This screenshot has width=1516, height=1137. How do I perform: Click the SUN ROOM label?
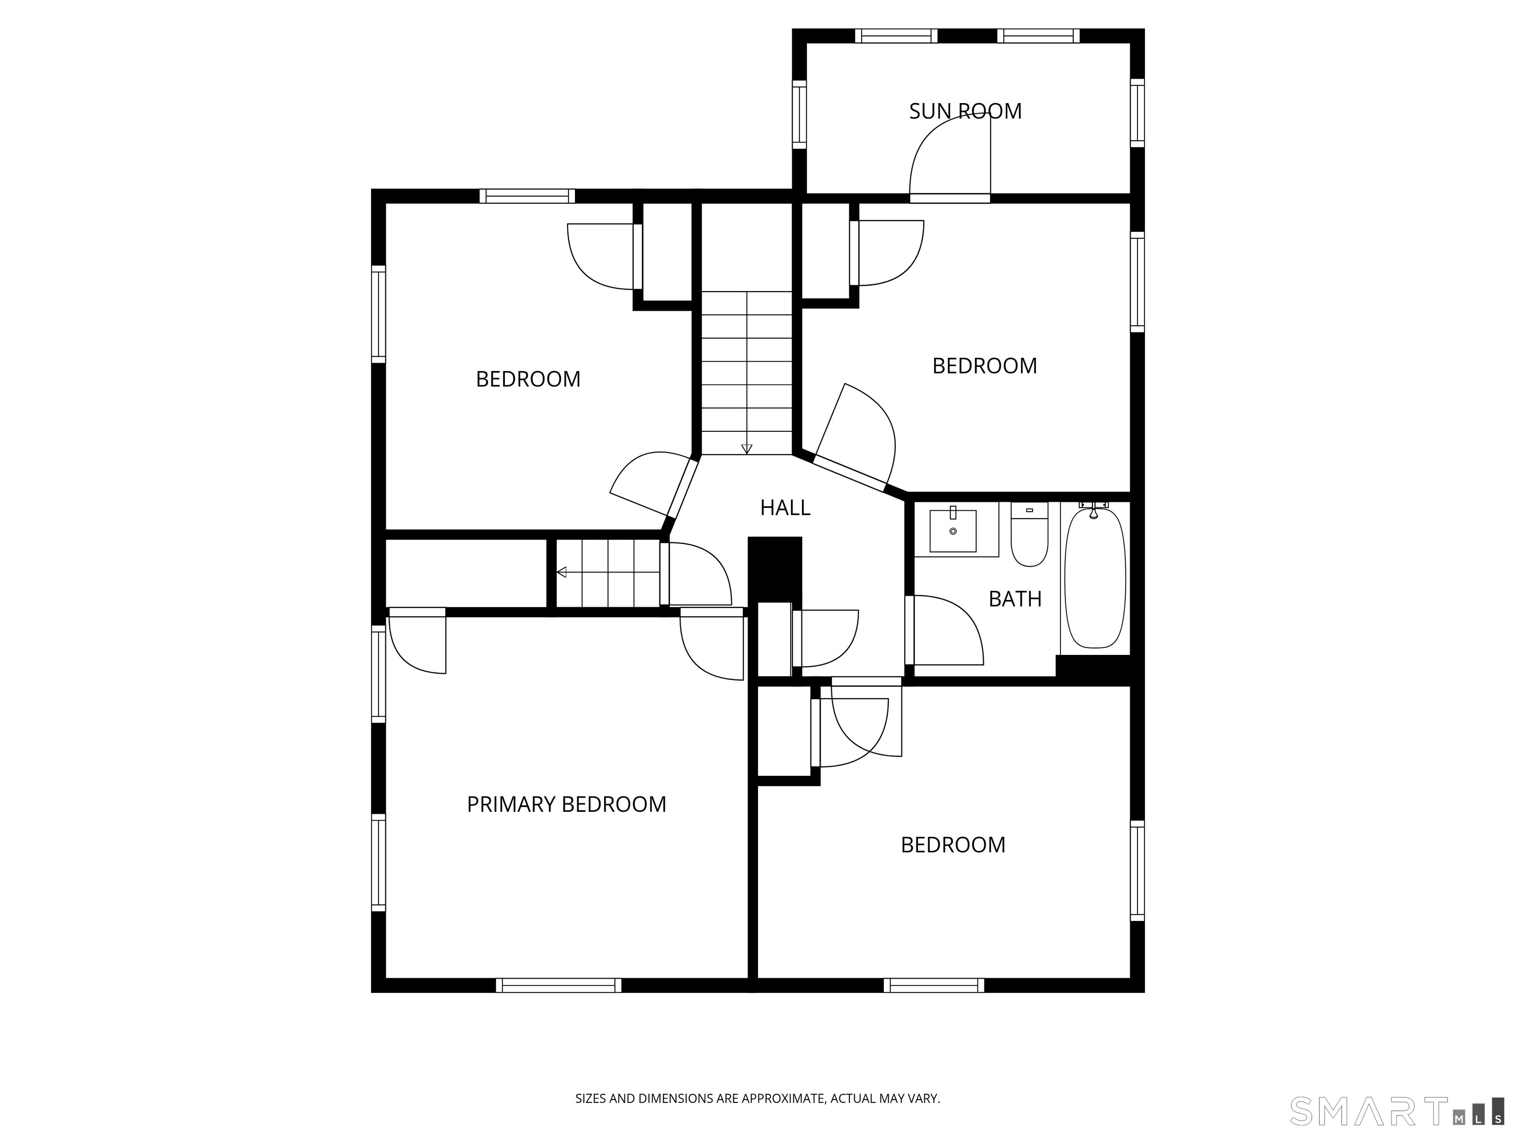(x=965, y=111)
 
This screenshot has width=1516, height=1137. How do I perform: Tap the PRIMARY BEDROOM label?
(x=566, y=804)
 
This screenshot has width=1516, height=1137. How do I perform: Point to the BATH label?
(x=1015, y=599)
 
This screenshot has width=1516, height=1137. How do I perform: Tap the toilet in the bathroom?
(x=1029, y=534)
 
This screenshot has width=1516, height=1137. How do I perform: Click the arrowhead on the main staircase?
(x=747, y=449)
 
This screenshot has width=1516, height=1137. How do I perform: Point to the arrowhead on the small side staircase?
(x=561, y=572)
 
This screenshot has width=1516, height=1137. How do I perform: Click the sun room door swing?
(x=950, y=156)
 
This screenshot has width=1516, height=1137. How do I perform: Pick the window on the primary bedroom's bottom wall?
(x=559, y=985)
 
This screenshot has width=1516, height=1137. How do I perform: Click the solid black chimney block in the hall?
(x=774, y=569)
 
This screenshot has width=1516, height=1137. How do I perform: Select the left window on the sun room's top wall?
(x=896, y=36)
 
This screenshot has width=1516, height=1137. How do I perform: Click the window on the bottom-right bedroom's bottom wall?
(x=934, y=985)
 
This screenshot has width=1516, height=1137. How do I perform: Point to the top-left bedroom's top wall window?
(x=527, y=196)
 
